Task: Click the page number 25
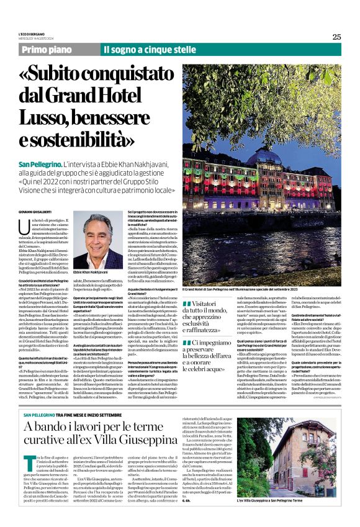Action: pyautogui.click(x=336, y=37)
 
